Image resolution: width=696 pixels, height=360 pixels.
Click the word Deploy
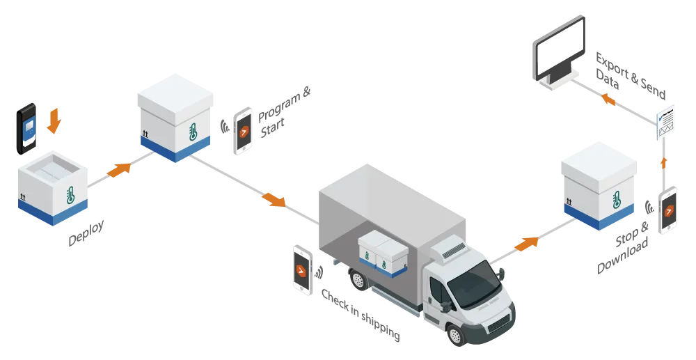point(86,233)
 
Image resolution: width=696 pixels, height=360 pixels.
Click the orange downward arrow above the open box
point(54,120)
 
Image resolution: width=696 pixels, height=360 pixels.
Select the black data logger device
point(26,129)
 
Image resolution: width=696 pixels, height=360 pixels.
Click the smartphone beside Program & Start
point(243,131)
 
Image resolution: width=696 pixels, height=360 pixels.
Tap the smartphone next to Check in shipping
point(303,270)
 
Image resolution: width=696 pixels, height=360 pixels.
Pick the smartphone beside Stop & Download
point(668,210)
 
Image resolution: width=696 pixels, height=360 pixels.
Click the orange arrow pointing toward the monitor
point(608,99)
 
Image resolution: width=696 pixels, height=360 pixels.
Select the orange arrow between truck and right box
point(527,244)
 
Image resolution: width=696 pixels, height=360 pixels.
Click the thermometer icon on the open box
point(70,195)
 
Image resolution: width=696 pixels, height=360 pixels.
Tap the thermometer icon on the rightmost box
point(616,199)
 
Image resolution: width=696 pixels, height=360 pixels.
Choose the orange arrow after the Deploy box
point(119,170)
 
